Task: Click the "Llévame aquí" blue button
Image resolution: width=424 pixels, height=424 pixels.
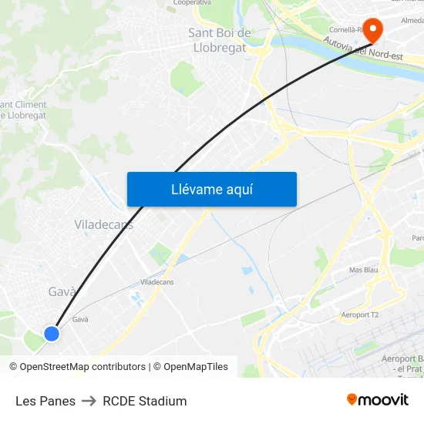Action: (211, 189)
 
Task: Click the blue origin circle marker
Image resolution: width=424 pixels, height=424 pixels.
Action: (52, 333)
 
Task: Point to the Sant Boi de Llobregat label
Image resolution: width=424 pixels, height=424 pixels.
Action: (220, 40)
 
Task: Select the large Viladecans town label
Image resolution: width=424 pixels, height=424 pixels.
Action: (103, 224)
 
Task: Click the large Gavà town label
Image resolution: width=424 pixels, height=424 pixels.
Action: (62, 291)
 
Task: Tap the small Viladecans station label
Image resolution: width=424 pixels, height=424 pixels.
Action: (156, 282)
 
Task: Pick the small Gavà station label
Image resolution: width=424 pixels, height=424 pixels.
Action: (80, 319)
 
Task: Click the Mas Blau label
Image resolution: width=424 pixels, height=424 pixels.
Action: (363, 270)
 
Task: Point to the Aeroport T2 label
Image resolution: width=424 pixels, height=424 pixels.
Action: (361, 315)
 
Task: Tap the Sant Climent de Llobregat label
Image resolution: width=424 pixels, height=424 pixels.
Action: (23, 109)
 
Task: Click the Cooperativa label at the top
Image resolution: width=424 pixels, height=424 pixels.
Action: (192, 3)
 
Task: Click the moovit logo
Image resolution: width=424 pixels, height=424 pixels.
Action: (377, 399)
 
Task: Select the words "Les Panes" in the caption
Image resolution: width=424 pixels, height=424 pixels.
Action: (45, 401)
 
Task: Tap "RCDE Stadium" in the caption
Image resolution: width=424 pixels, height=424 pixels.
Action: (145, 401)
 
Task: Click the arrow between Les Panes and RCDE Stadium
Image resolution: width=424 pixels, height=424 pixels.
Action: (89, 401)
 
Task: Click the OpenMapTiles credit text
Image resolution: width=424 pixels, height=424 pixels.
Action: (196, 367)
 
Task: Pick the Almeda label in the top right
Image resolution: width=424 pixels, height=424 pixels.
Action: (408, 20)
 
